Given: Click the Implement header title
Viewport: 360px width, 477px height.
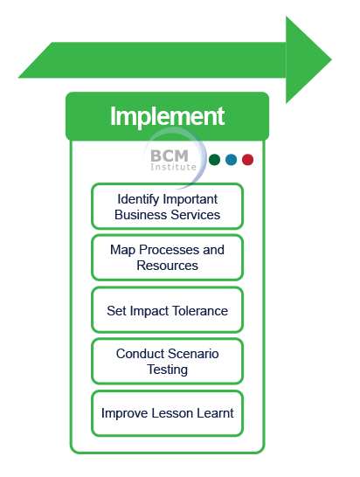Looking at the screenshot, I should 167,116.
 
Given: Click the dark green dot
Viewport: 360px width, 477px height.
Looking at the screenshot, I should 215,160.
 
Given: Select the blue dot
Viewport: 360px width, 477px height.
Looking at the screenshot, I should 232,160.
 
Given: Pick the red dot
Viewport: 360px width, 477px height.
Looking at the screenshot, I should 248,160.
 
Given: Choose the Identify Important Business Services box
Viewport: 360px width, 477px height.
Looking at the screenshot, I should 167,206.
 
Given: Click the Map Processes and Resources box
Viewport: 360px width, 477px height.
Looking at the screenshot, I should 167,258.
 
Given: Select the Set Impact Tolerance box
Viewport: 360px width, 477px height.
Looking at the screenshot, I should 167,310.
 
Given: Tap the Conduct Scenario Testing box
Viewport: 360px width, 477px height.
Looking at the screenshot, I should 167,362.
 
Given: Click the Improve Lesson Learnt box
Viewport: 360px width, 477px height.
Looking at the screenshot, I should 167,413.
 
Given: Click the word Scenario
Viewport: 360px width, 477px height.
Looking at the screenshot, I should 193,354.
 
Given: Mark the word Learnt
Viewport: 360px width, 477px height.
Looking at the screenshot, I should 215,413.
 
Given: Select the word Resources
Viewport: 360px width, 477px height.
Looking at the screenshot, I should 167,266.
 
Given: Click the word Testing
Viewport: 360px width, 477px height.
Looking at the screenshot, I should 167,370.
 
